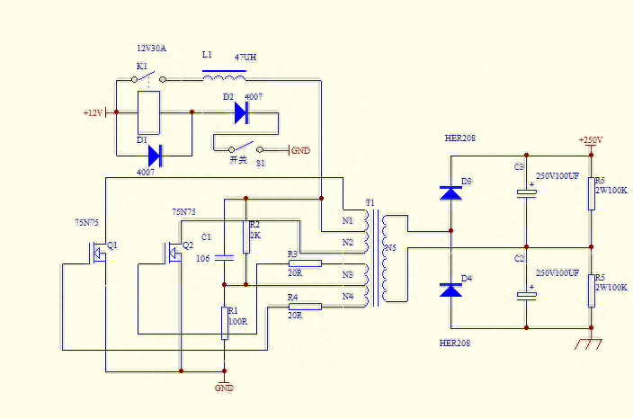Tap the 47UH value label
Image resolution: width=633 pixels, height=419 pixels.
click(246, 57)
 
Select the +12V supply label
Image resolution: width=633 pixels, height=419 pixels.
click(94, 113)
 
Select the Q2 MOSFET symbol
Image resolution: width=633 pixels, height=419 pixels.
click(172, 254)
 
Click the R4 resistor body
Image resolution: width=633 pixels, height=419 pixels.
click(305, 306)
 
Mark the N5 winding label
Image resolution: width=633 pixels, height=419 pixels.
click(389, 248)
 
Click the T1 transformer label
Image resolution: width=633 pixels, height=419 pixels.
click(370, 202)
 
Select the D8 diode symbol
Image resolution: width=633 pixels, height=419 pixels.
click(450, 192)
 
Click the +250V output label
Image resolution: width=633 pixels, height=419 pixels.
click(590, 140)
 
